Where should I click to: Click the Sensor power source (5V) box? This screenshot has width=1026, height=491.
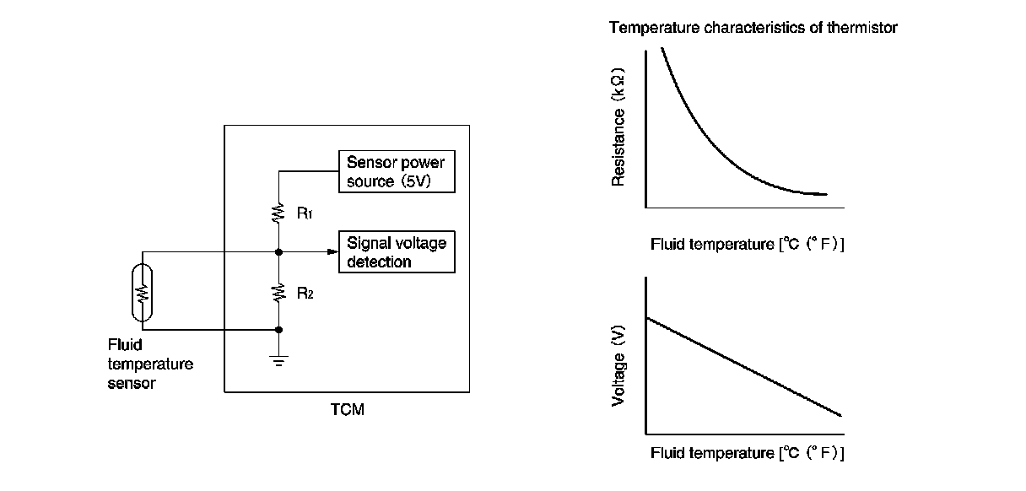[x=396, y=172]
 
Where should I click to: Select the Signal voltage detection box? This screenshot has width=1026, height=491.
[x=396, y=252]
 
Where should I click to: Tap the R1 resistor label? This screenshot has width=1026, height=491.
[x=305, y=213]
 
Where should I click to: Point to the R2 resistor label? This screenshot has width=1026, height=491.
[x=305, y=293]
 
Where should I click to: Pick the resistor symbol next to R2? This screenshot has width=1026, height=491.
[x=278, y=293]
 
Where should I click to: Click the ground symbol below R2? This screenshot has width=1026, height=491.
[x=278, y=361]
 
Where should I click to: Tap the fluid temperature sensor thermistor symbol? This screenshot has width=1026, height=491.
[x=143, y=292]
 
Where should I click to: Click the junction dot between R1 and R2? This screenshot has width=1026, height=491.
[x=278, y=251]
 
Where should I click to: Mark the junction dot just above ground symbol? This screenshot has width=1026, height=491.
[x=278, y=330]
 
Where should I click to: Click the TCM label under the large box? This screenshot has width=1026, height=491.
[x=347, y=411]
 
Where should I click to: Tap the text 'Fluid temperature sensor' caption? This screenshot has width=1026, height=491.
[x=150, y=364]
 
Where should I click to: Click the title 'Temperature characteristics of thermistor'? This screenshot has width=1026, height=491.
[x=753, y=28]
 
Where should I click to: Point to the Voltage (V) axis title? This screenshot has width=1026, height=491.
[x=619, y=367]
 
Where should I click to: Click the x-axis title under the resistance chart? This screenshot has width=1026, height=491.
[x=747, y=245]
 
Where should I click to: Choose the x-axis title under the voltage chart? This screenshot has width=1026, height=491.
[x=747, y=453]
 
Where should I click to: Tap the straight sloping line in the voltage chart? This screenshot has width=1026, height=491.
[x=742, y=366]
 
